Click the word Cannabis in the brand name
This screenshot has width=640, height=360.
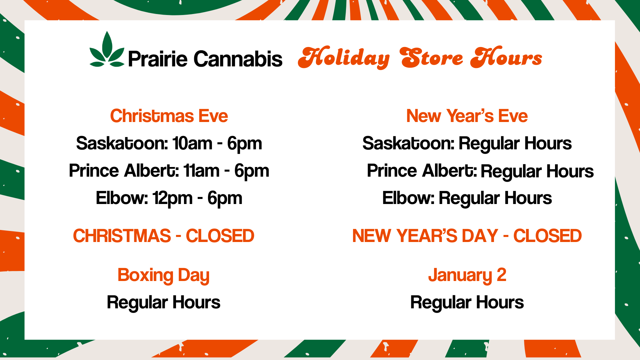[x=238, y=59]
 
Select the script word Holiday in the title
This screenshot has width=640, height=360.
[x=344, y=58]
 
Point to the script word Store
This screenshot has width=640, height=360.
[x=432, y=57]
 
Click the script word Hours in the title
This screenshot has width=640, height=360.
[x=506, y=57]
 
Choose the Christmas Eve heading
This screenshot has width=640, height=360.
[x=169, y=116]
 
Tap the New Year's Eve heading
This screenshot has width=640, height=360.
[x=467, y=116]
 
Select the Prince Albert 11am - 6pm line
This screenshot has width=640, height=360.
[x=169, y=171]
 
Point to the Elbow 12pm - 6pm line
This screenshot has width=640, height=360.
[x=169, y=199]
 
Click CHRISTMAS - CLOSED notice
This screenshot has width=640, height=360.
[x=164, y=236]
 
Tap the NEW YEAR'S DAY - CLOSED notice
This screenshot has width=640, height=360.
[x=467, y=236]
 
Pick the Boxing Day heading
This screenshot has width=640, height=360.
[x=164, y=276]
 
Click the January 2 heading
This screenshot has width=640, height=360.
[x=467, y=276]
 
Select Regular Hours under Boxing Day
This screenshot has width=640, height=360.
[x=164, y=303]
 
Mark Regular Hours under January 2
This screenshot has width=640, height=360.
[x=467, y=303]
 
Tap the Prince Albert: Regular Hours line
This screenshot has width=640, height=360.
[x=480, y=171]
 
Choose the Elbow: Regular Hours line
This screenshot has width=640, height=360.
[x=467, y=199]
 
